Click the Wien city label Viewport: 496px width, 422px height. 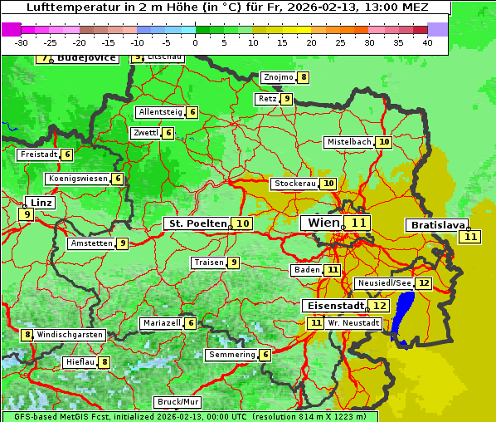pos(323,223)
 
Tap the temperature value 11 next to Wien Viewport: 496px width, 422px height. pos(358,223)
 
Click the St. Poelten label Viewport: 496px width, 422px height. pos(197,223)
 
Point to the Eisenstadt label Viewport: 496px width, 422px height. pos(333,306)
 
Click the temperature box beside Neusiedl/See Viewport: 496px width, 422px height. pos(424,283)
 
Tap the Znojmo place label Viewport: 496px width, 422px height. pos(278,77)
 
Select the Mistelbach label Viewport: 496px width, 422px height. pos(348,142)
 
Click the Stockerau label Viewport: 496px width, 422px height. pos(294,184)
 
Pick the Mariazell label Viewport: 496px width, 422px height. pos(161,323)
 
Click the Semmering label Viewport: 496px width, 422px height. pos(231,355)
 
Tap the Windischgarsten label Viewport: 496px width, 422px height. pos(70,335)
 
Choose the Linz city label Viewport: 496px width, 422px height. pos(41,203)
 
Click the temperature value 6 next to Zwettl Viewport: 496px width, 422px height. pos(168,133)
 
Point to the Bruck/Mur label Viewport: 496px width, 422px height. pos(178,402)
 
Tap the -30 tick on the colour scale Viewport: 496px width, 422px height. pos(22,42)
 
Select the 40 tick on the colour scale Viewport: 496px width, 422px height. pos(426,42)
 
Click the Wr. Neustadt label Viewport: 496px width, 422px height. pos(353,322)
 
